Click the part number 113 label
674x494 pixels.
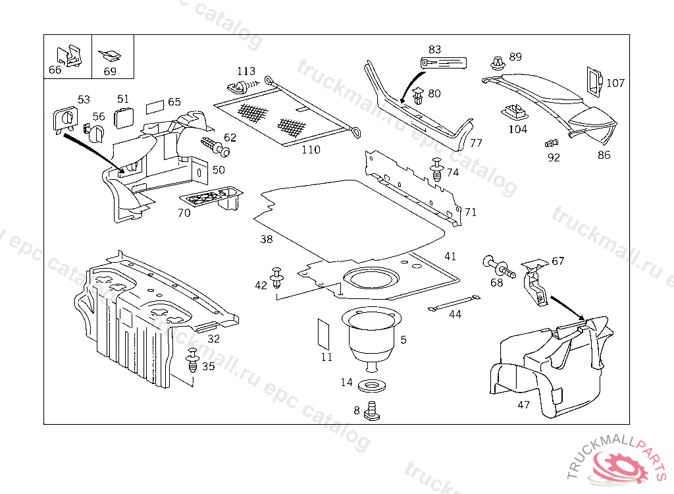[x=246, y=71]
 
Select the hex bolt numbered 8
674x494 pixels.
[x=374, y=411]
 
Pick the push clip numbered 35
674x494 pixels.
[x=192, y=361]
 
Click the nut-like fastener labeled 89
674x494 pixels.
[x=496, y=64]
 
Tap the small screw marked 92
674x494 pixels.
[x=550, y=143]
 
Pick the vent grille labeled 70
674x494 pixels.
[x=211, y=196]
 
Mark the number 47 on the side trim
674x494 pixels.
[x=523, y=405]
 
